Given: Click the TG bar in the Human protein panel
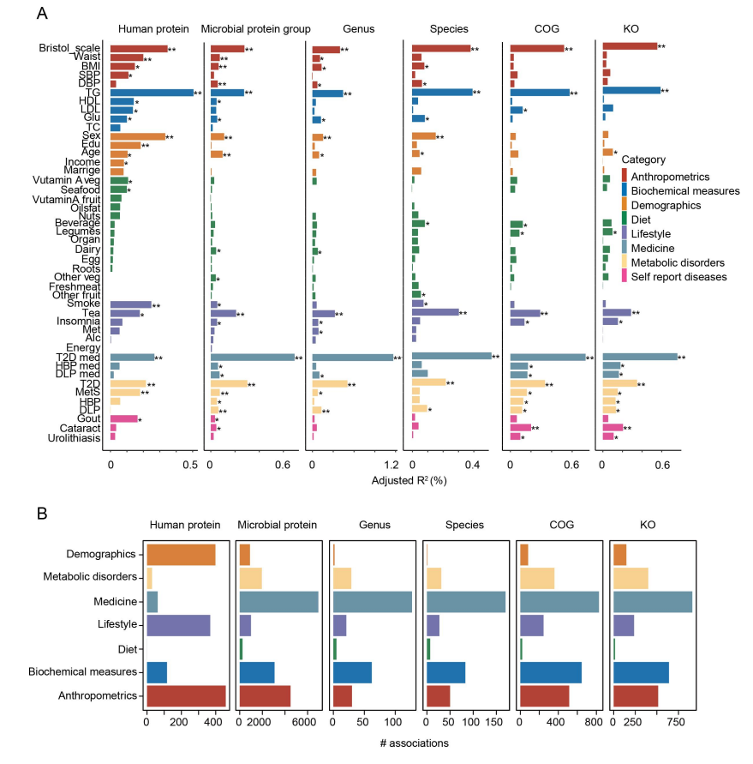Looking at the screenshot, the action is coord(152,93).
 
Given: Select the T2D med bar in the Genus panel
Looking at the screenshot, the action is coord(352,358).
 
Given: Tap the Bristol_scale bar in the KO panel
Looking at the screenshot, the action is coord(630,46).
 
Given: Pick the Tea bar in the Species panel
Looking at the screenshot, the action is coord(435,312).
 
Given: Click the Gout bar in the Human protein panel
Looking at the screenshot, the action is coord(123,419).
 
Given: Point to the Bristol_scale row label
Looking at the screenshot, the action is coord(69,48).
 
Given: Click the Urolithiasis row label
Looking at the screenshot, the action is coord(74,438).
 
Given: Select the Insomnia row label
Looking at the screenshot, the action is coord(78,321).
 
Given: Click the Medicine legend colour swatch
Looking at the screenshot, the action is coord(624,248).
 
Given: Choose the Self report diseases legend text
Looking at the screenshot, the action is coord(678,277).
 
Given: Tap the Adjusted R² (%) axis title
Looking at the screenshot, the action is coord(409,480).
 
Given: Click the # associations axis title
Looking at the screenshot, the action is coord(415,743).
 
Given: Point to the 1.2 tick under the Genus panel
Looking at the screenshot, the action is coord(391,465).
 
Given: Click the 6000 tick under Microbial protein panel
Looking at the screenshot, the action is coord(304,722).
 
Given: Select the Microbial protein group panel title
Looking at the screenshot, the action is coord(255,29).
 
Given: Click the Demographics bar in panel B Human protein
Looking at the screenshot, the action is coord(181,555).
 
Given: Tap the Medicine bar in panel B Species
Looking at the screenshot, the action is coord(466,602).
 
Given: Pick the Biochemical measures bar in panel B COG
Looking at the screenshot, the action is coord(551,672).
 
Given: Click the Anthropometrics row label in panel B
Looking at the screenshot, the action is coord(98,695).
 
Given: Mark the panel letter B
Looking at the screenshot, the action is coord(42,514).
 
